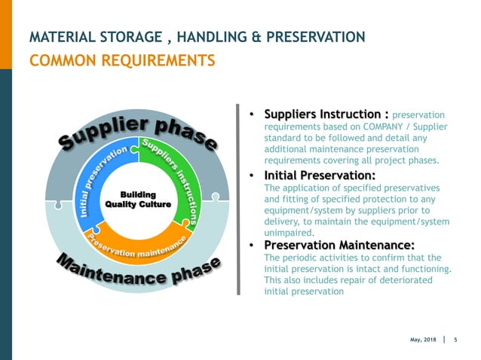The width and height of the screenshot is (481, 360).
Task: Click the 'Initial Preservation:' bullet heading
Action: pos(319,175)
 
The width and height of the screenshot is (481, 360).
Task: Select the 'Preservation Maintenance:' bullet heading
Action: pos(339,246)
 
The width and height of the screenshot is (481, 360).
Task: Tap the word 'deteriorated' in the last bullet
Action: pos(405,280)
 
